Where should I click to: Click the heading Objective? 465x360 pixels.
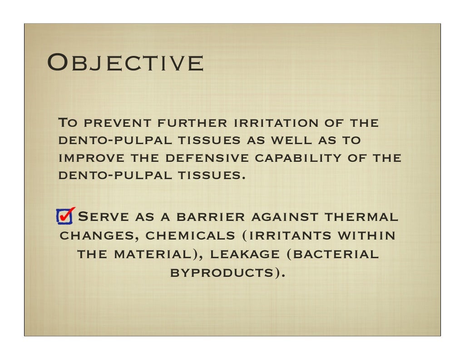pyautogui.click(x=125, y=63)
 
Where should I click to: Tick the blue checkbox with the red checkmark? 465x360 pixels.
pyautogui.click(x=64, y=216)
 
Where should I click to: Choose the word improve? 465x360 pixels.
pyautogui.click(x=85, y=158)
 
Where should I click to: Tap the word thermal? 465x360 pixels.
pyautogui.click(x=361, y=217)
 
